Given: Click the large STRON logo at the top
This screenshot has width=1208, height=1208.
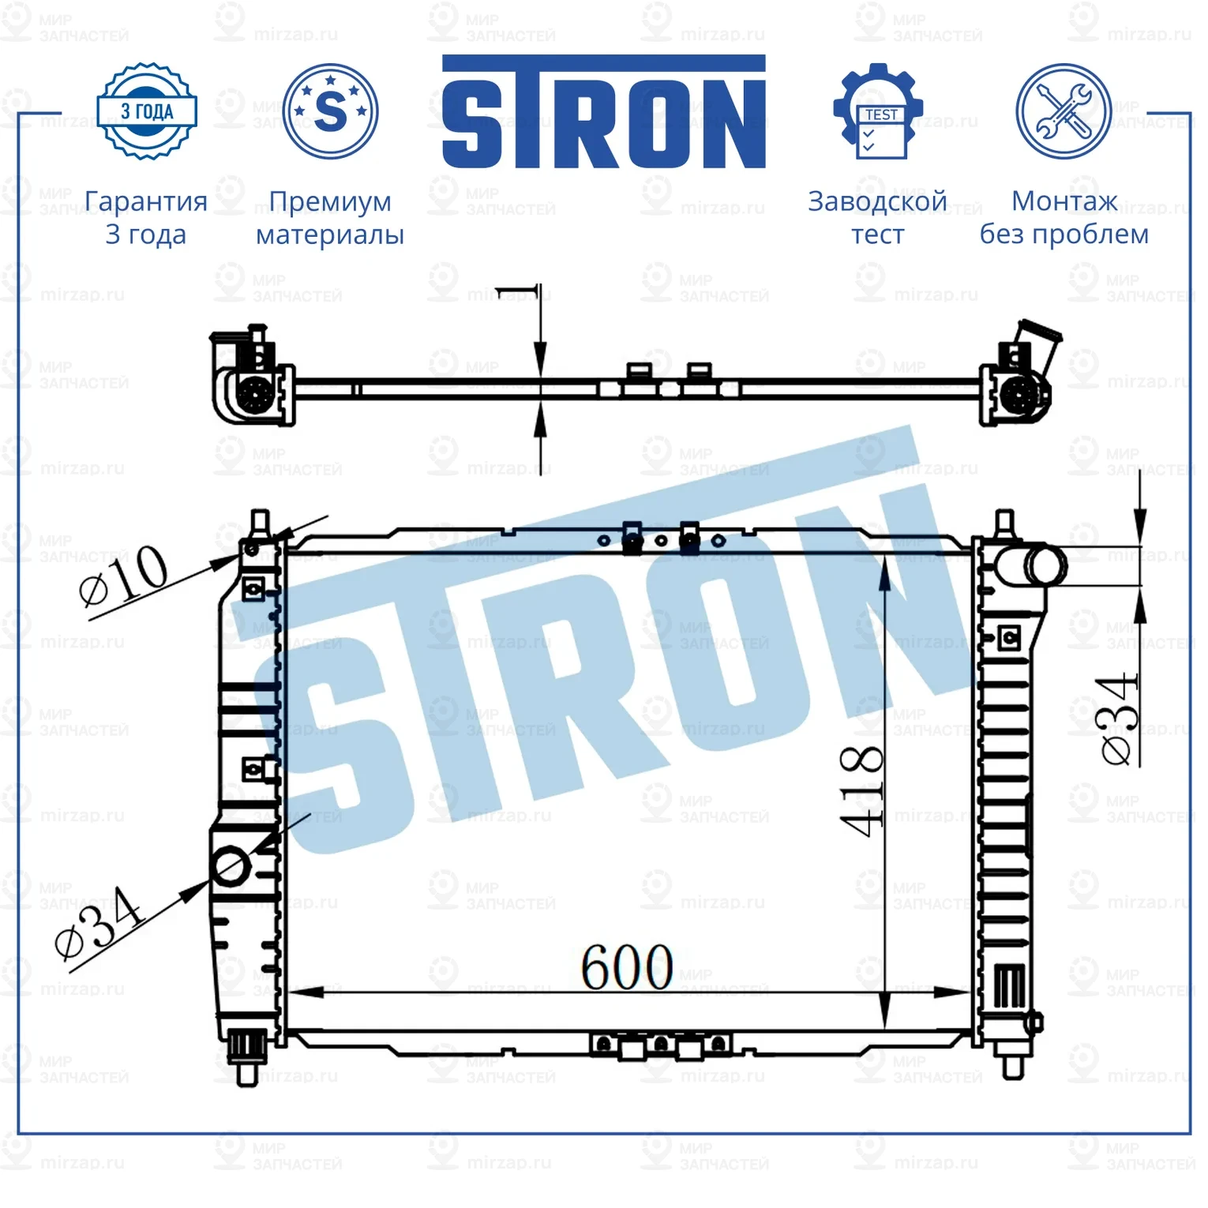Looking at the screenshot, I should coord(603,112).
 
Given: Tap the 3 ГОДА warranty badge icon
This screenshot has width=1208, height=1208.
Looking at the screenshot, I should coord(146,111).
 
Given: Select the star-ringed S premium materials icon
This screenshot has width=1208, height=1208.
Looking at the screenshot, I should coord(330,111).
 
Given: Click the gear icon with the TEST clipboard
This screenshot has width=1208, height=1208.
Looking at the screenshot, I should coord(878,112).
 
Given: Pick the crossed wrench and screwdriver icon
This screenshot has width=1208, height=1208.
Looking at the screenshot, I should coord(1063,111).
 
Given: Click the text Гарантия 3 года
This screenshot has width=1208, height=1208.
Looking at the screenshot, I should coord(146,217).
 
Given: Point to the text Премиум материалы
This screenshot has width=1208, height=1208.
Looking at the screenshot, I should coord(330,217).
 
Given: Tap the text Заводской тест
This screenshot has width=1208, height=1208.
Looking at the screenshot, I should coord(877,217).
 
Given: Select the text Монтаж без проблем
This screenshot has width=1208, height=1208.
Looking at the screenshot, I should coord(1064,217).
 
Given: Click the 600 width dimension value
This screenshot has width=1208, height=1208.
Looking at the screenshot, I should coord(627,967).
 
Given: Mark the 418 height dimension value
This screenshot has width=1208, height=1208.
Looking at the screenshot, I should coord(861,790).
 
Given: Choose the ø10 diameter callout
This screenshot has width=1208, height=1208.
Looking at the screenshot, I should coord(124,576).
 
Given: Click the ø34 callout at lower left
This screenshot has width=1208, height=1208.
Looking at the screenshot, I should coord(99,921).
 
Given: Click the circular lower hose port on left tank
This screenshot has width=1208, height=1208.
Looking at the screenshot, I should coord(231,865).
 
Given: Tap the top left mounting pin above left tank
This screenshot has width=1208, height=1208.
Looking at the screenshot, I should coord(260,522).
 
